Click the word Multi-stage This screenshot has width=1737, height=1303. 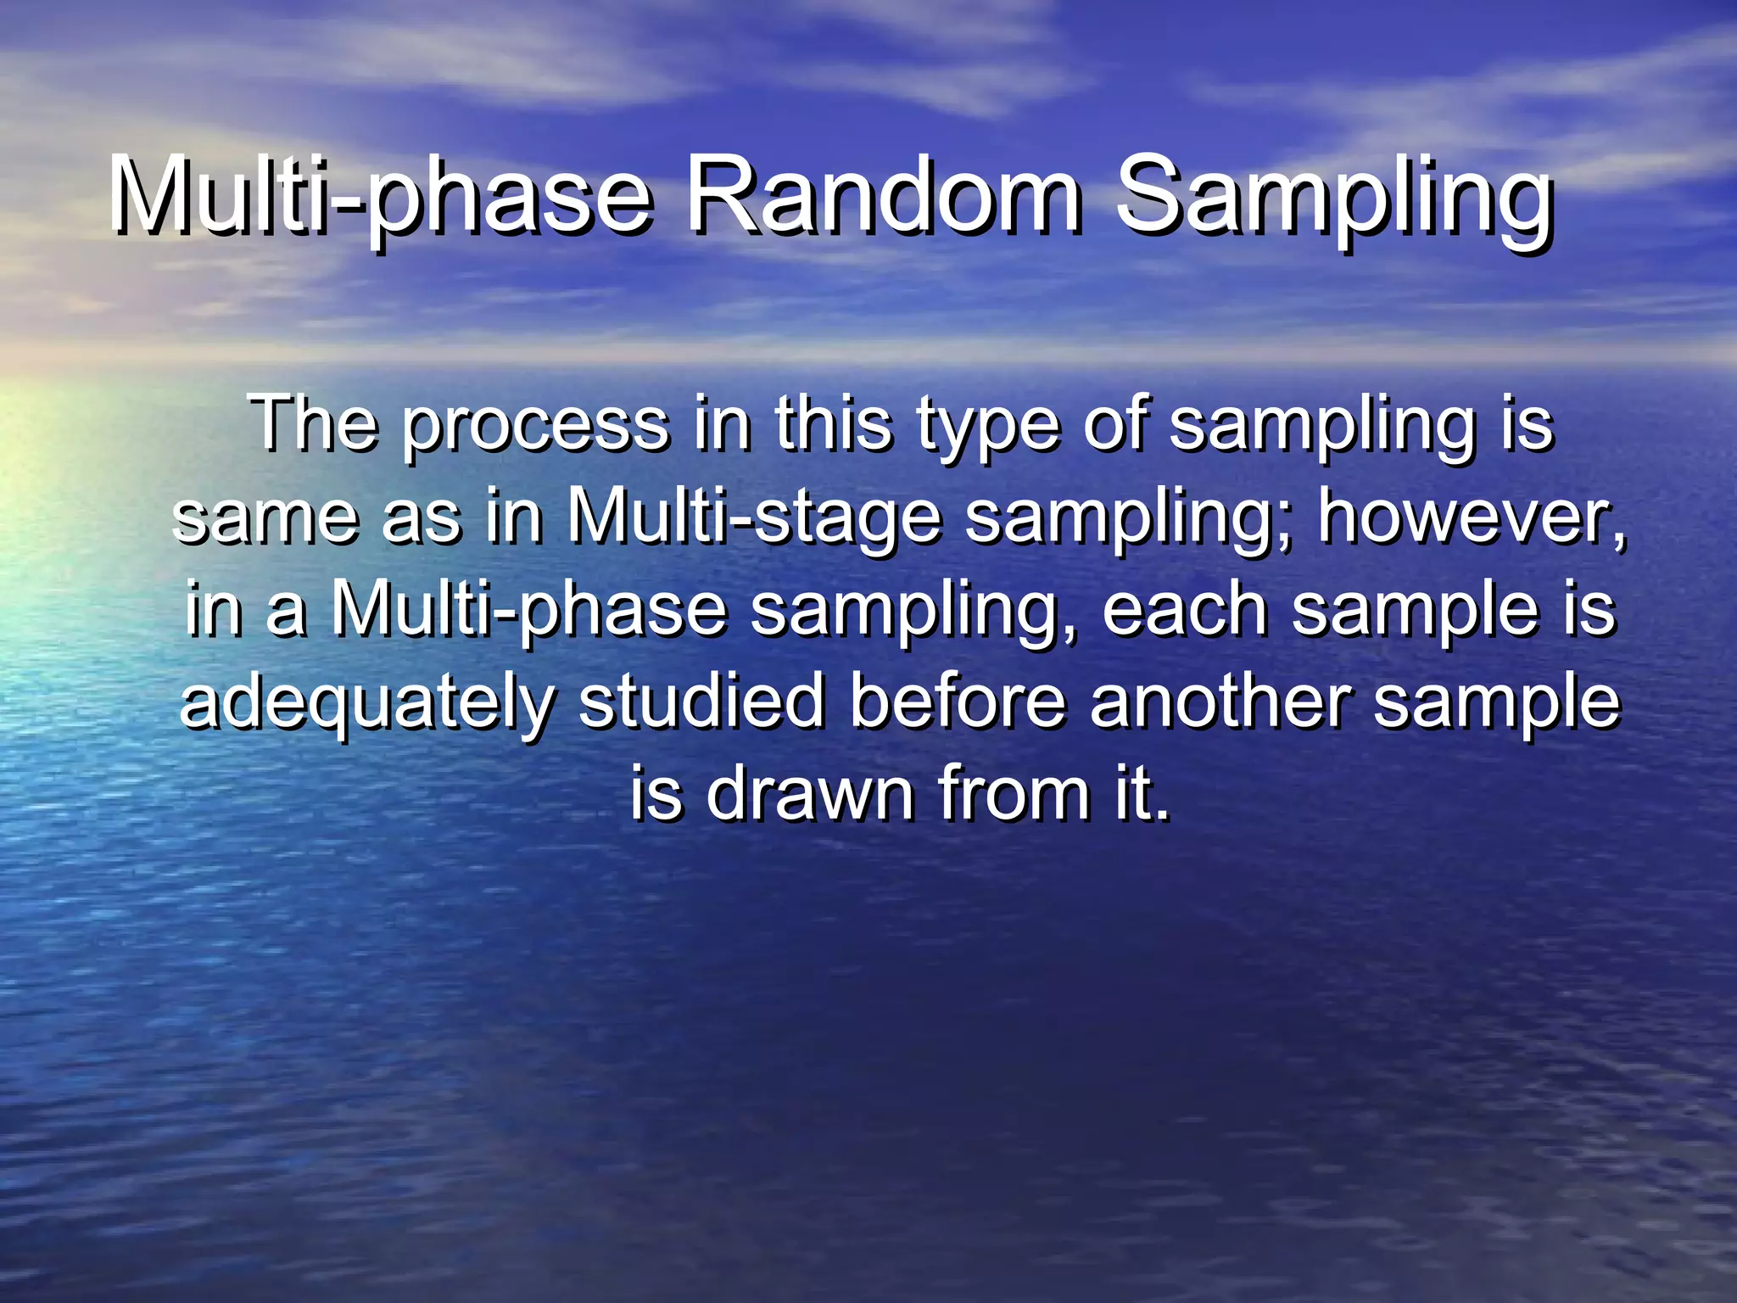754,519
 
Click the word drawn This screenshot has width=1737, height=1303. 809,793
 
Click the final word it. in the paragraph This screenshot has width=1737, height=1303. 1142,793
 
